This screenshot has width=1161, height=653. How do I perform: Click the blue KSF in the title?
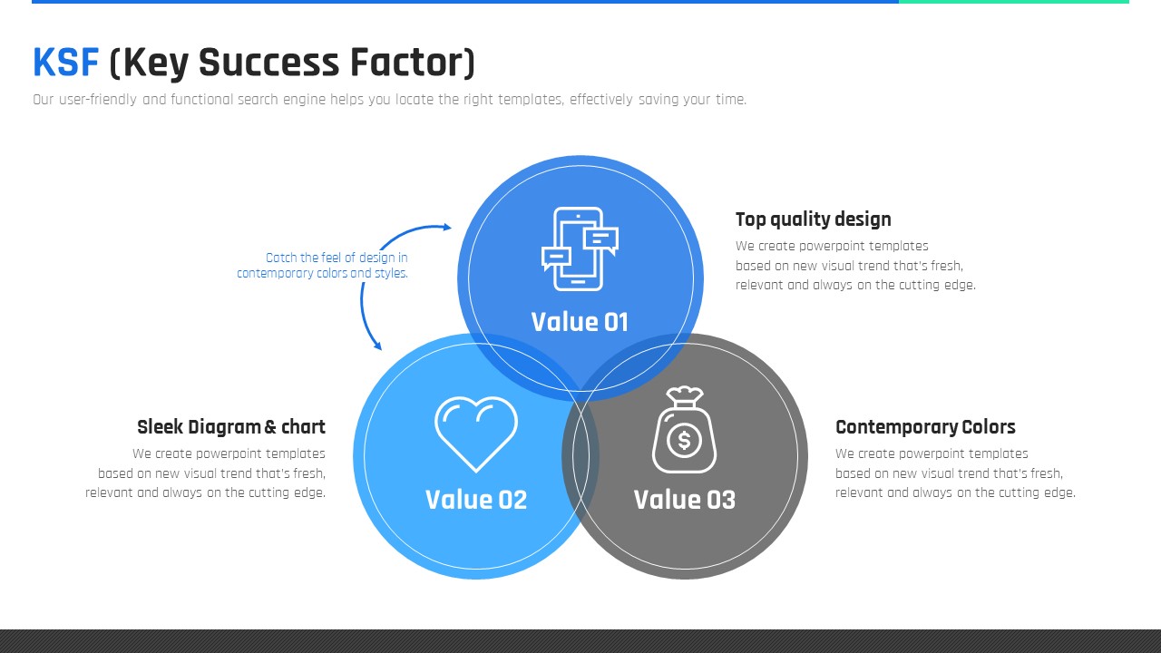(66, 63)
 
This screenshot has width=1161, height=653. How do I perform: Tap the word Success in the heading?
(268, 63)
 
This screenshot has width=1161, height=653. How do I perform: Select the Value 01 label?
(580, 322)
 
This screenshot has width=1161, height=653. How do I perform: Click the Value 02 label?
(476, 500)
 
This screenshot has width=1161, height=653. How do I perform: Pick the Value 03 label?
(684, 500)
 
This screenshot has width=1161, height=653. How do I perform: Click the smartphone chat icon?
(580, 249)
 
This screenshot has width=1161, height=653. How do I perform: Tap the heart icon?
(476, 434)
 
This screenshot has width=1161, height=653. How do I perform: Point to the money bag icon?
(684, 430)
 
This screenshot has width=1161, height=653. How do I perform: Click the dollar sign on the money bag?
(684, 441)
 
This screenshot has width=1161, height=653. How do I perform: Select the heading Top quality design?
(814, 219)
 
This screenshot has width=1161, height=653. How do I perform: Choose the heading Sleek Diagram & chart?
(231, 427)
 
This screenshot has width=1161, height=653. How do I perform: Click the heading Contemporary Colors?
(925, 427)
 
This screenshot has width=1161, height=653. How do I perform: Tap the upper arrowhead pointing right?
(447, 227)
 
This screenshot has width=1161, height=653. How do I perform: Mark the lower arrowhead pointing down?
(378, 346)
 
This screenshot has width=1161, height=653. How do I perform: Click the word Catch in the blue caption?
(281, 258)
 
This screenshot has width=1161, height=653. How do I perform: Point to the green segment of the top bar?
(1014, 2)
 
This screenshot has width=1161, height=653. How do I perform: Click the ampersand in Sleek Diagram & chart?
(270, 427)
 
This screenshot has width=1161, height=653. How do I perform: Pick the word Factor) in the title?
(412, 63)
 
